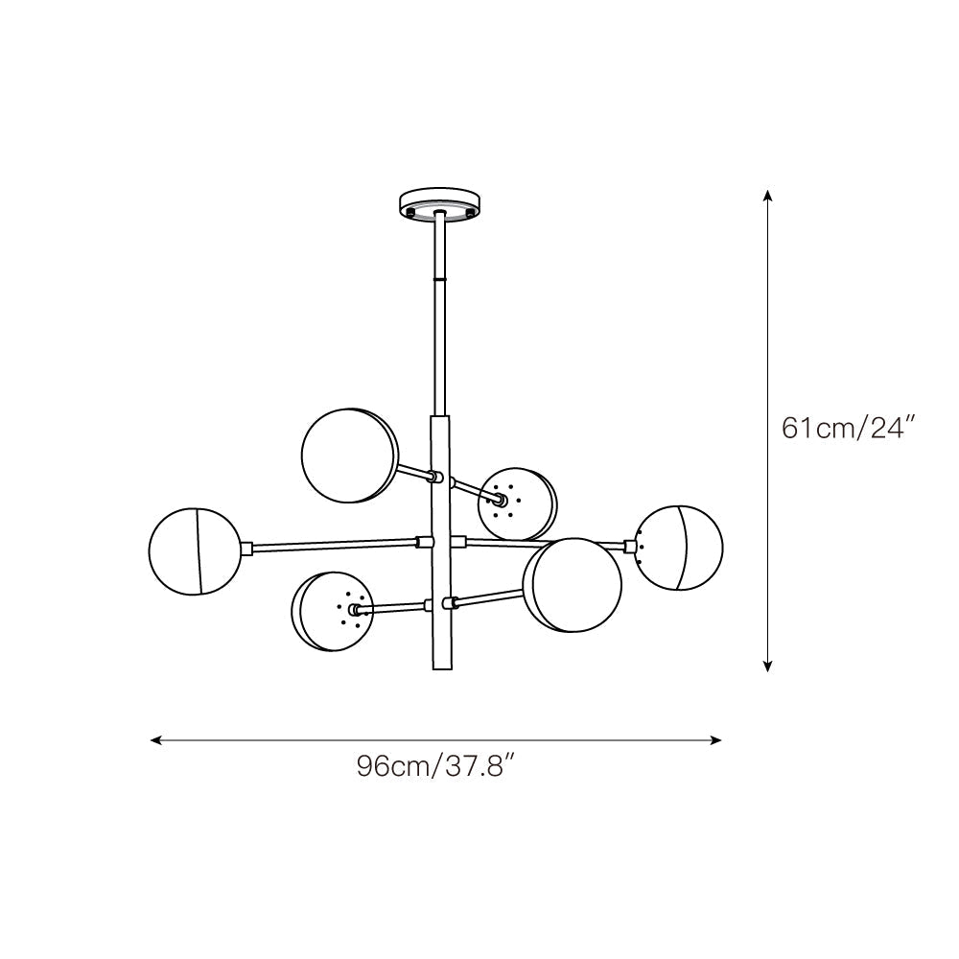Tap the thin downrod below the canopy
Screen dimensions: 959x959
pyautogui.click(x=440, y=326)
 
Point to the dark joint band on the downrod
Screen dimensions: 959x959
pyautogui.click(x=440, y=278)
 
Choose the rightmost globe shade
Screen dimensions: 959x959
pyautogui.click(x=680, y=548)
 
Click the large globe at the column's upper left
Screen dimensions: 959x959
pyautogui.click(x=349, y=456)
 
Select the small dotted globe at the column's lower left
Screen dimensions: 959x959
pyautogui.click(x=331, y=612)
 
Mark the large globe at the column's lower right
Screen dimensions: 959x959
pyautogui.click(x=572, y=585)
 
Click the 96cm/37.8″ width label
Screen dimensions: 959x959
pyautogui.click(x=437, y=766)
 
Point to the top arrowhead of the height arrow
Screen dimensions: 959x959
pyautogui.click(x=767, y=196)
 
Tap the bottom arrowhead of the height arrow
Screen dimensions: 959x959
pyautogui.click(x=767, y=666)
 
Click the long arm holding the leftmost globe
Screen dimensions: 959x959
pyautogui.click(x=336, y=546)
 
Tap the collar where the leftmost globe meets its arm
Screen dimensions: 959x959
pyautogui.click(x=246, y=549)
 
